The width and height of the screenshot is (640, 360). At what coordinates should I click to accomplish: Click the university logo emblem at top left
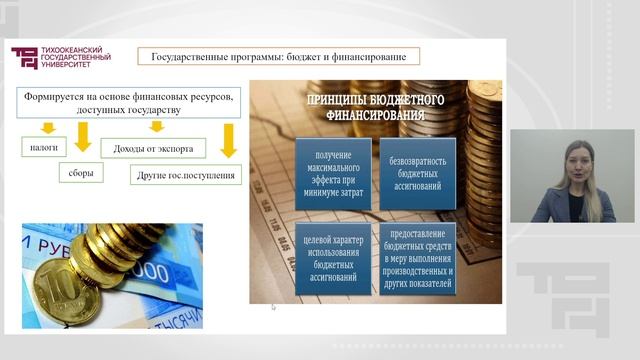point(23,59)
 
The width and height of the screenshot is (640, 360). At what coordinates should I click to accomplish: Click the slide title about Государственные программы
point(278,56)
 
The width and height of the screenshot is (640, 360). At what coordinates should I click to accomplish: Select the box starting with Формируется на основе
point(126,102)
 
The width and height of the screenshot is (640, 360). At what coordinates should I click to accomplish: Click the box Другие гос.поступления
point(187,176)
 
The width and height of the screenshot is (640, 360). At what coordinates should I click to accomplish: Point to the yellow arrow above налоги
point(47,128)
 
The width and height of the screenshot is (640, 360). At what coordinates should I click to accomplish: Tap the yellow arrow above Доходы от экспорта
point(155,127)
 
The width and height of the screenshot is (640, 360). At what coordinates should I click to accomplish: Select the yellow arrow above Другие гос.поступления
point(229,141)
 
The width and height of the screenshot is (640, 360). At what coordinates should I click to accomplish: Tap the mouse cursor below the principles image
point(273,307)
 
